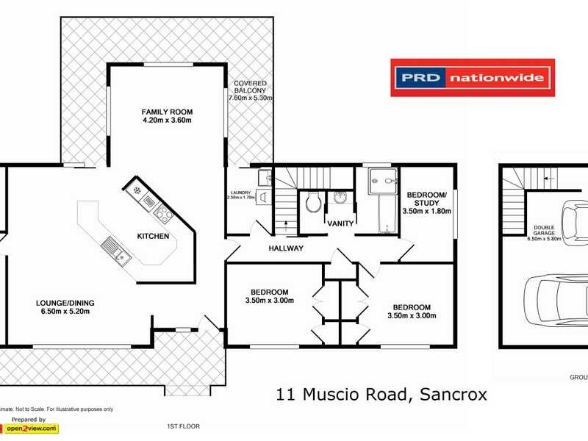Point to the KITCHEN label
(154, 236)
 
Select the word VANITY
(341, 223)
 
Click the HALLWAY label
(286, 248)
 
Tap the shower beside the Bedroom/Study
(382, 179)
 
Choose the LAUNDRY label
(241, 193)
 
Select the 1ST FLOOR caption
(183, 426)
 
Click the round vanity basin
(340, 197)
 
